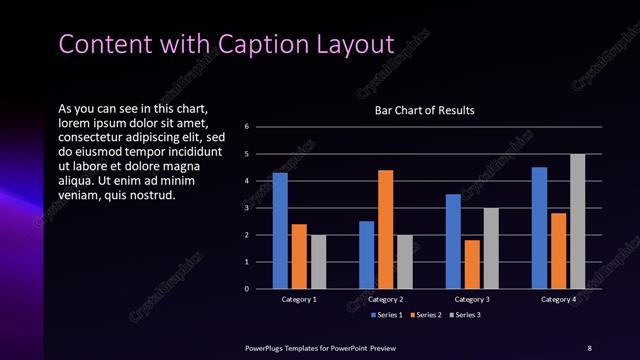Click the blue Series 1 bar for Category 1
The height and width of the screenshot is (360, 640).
[280, 231]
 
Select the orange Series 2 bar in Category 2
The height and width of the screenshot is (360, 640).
[385, 229]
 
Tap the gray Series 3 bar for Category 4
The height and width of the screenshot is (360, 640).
[577, 221]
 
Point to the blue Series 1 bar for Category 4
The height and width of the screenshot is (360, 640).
[539, 228]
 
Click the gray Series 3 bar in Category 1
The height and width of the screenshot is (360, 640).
[318, 262]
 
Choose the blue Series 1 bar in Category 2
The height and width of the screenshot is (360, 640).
[366, 255]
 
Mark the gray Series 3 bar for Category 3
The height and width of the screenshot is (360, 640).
[491, 248]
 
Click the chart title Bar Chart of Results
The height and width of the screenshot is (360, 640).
[424, 110]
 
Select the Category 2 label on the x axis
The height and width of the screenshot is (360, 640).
[385, 299]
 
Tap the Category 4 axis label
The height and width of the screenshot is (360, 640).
[558, 299]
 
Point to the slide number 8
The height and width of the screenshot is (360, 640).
[589, 347]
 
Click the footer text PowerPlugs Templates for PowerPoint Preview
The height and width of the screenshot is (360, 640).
[320, 347]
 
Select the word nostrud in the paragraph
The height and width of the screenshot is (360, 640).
[154, 194]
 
